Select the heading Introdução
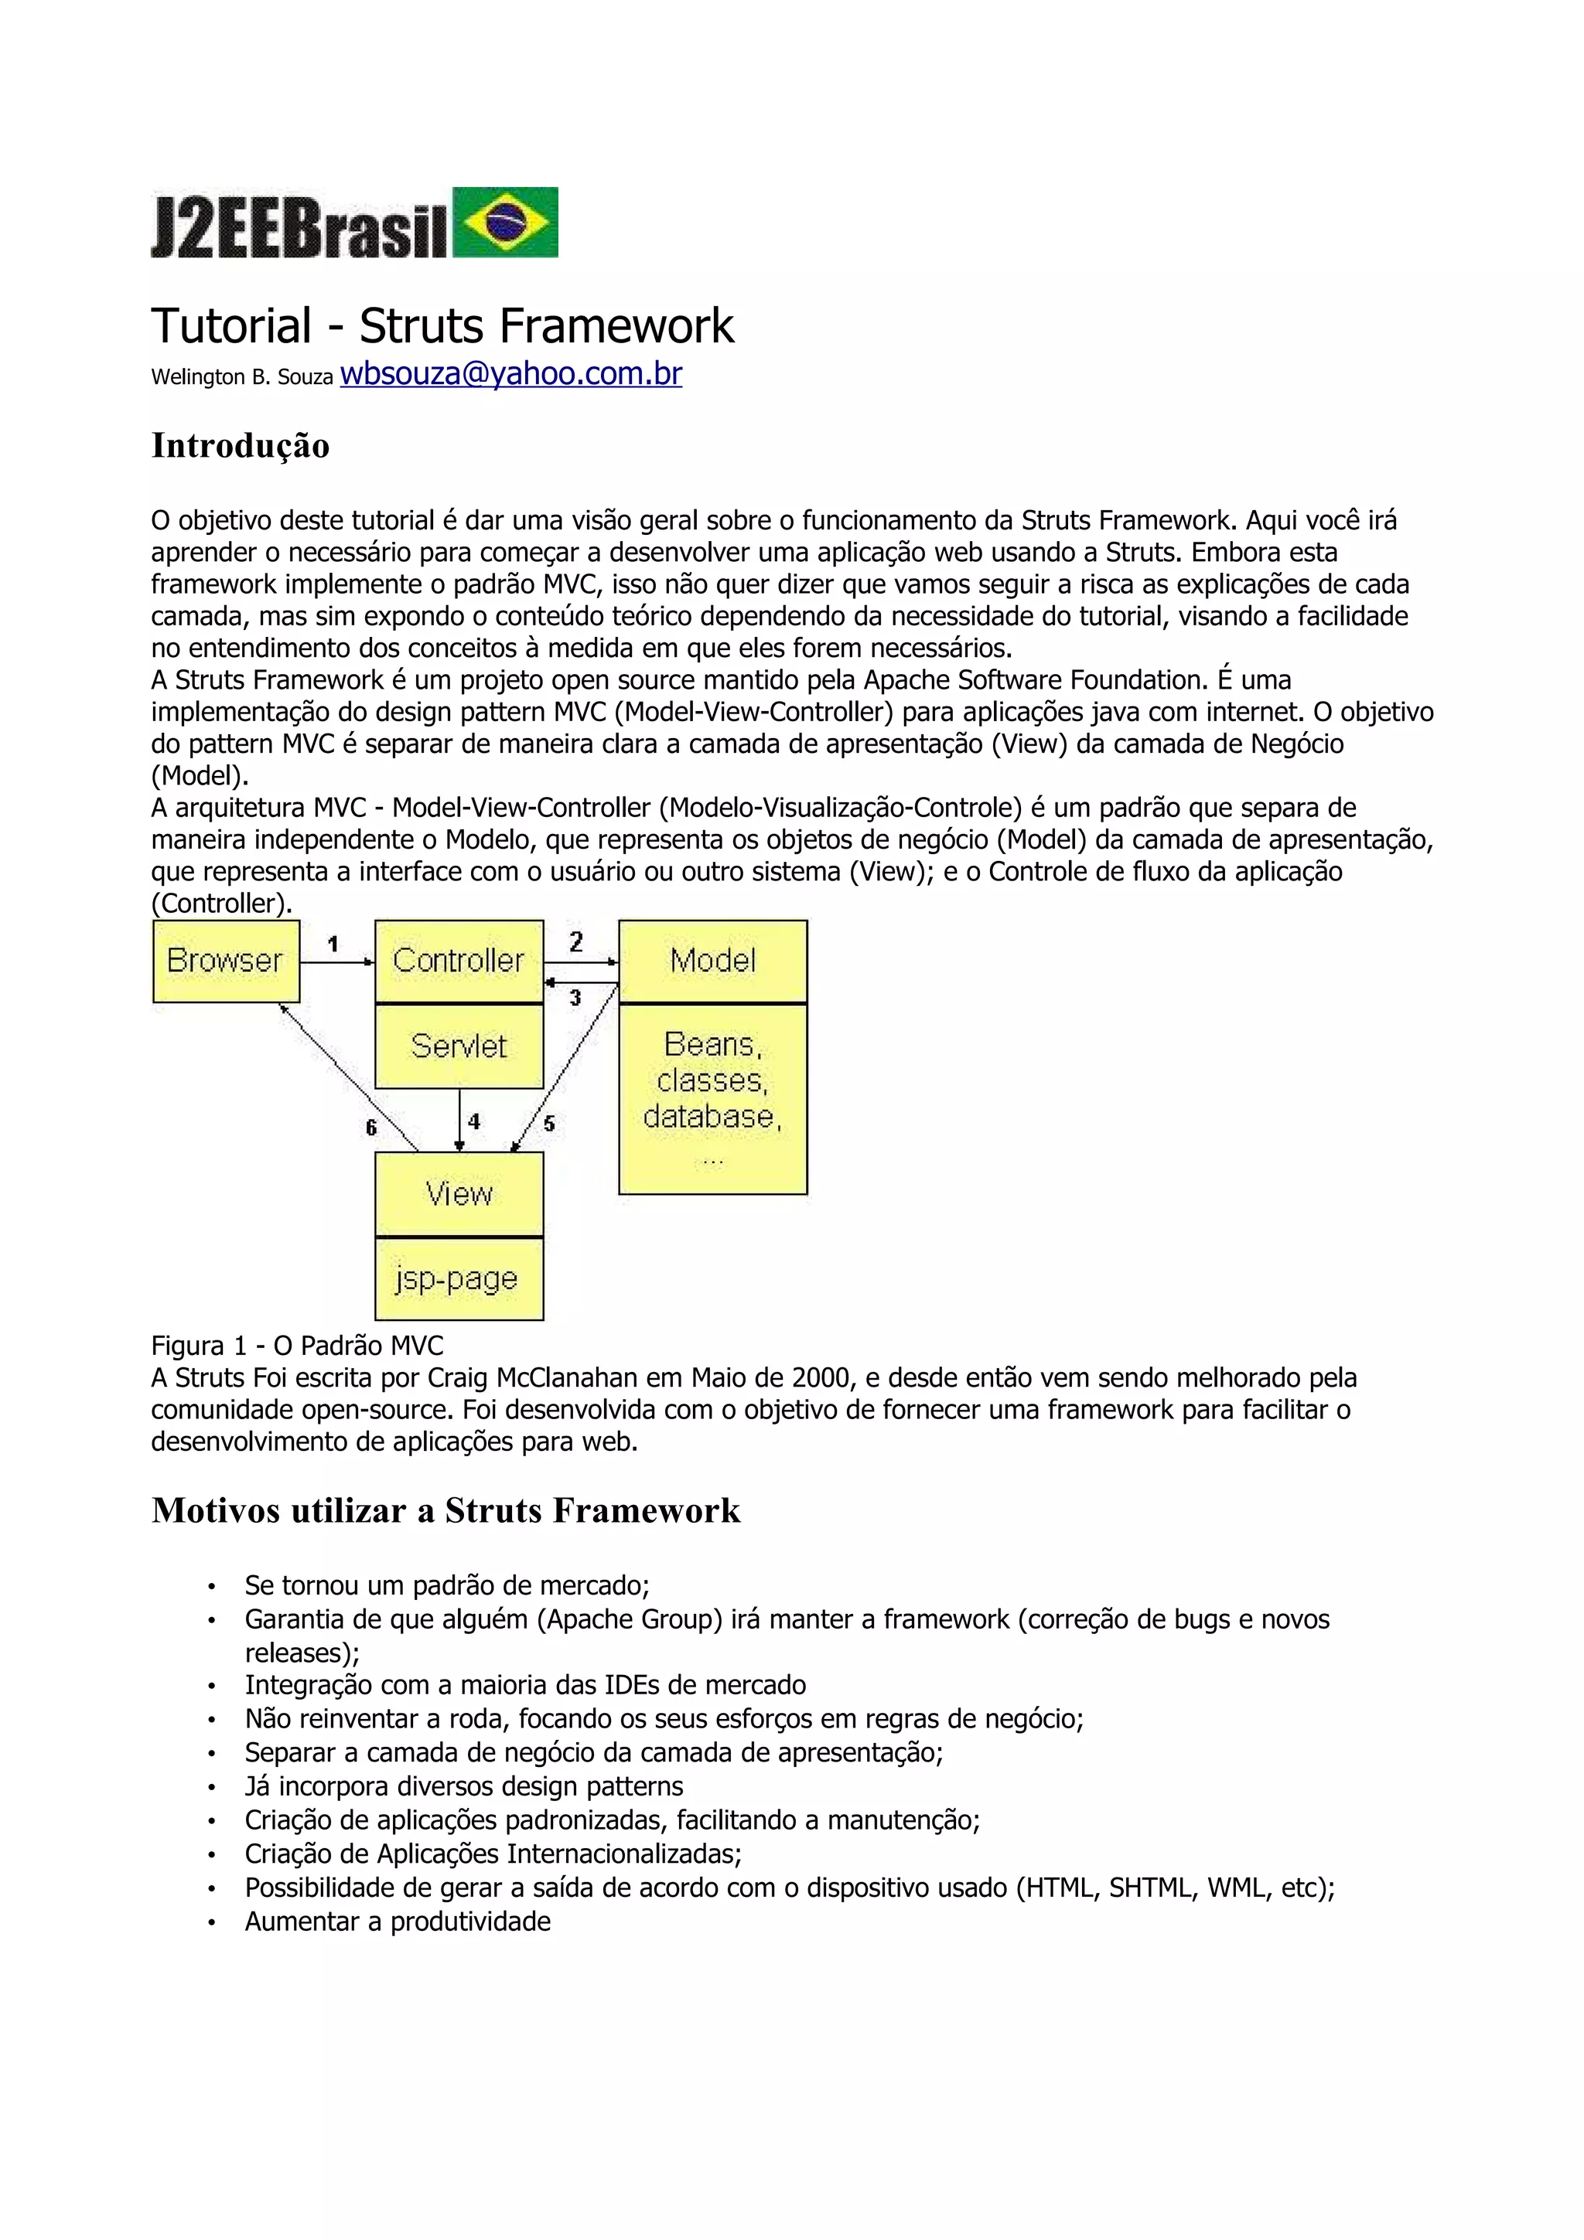click(x=240, y=446)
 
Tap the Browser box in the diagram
click(x=225, y=961)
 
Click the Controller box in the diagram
click(x=459, y=961)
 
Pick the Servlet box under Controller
click(x=459, y=1047)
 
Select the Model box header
click(x=712, y=961)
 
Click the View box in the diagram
click(x=459, y=1194)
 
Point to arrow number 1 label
click(x=333, y=944)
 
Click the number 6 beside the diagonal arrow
click(x=371, y=1128)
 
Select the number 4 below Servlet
click(x=474, y=1122)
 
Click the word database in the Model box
click(x=712, y=1117)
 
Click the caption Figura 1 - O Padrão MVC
click(x=297, y=1346)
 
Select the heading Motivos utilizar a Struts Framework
click(x=446, y=1510)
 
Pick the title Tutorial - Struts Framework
click(x=442, y=326)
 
